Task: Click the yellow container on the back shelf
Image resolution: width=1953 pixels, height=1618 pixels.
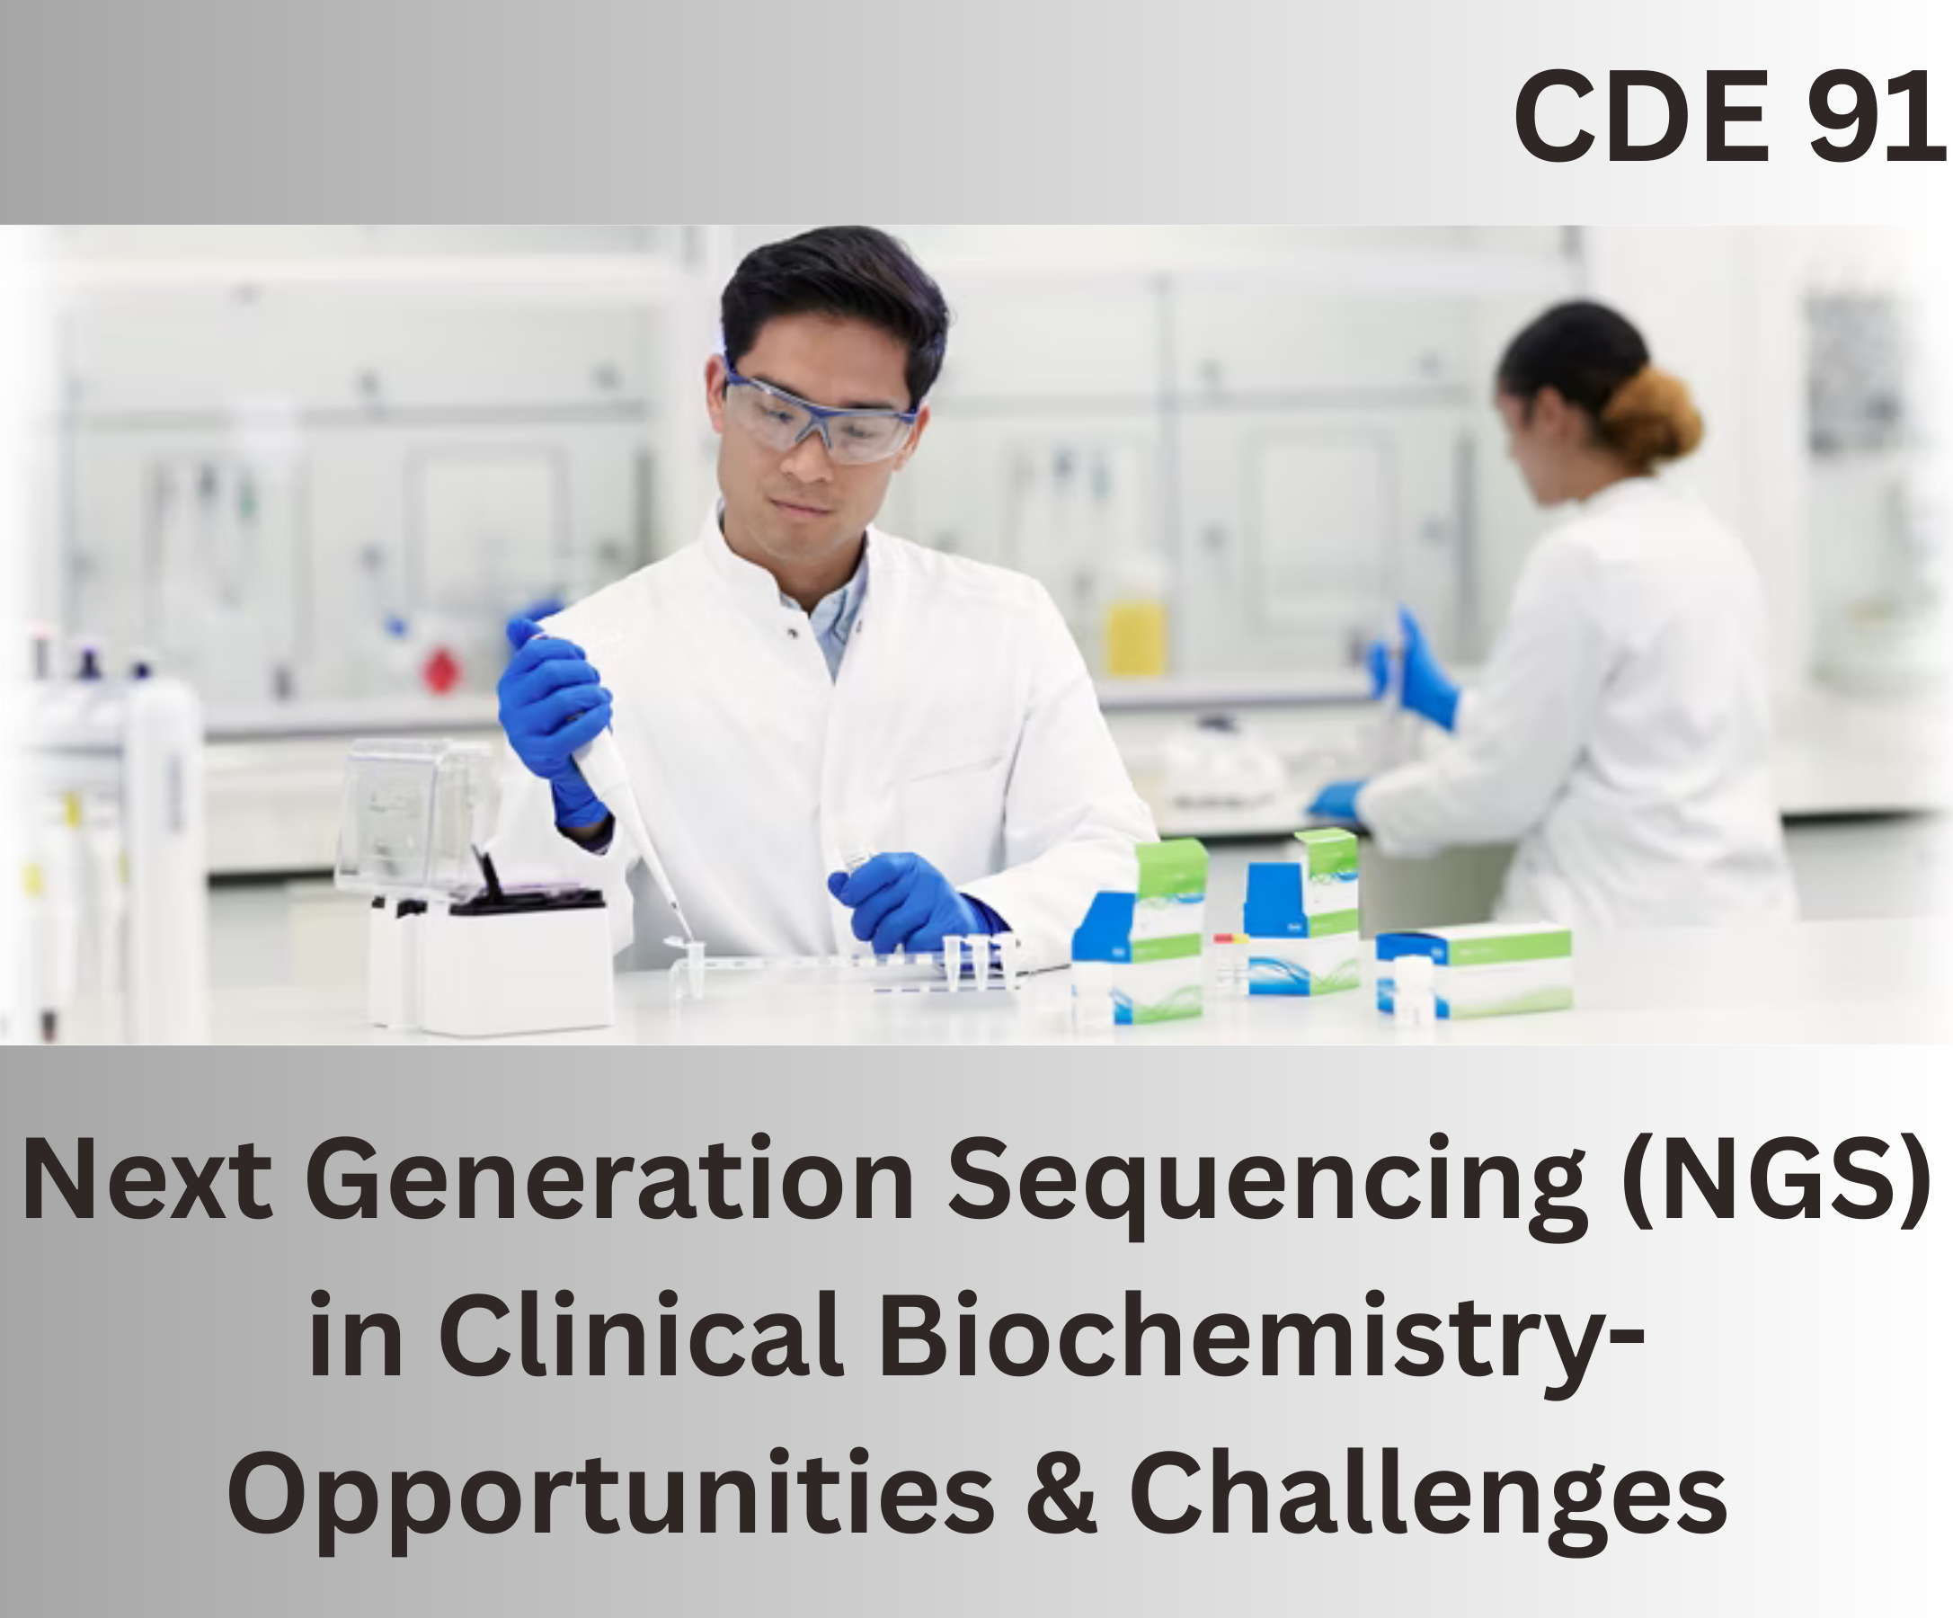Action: pos(1135,637)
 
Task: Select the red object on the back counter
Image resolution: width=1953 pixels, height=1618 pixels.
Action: pos(443,671)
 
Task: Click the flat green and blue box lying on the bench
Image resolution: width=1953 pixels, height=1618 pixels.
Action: pos(1474,971)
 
